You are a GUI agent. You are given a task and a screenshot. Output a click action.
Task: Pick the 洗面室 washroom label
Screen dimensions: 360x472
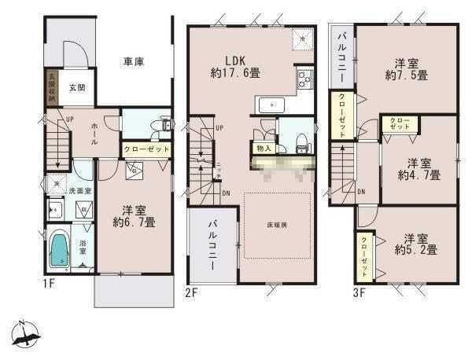click(x=77, y=190)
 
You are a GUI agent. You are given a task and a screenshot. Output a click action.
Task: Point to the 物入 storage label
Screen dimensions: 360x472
click(x=264, y=148)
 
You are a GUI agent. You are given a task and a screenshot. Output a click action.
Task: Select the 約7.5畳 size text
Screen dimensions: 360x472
click(x=406, y=75)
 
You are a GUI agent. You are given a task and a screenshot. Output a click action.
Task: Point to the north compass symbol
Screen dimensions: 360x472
click(x=26, y=332)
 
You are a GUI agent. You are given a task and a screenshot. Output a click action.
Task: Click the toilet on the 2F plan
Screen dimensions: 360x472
click(x=300, y=138)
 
